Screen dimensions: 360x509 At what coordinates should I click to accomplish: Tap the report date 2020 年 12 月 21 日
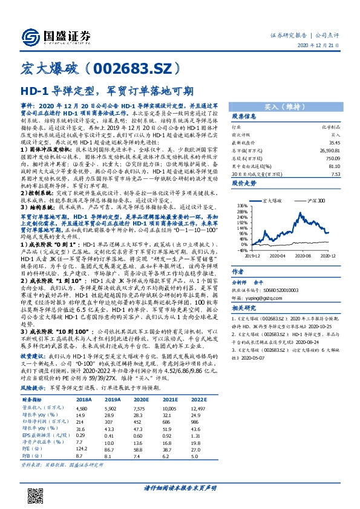coord(324,46)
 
